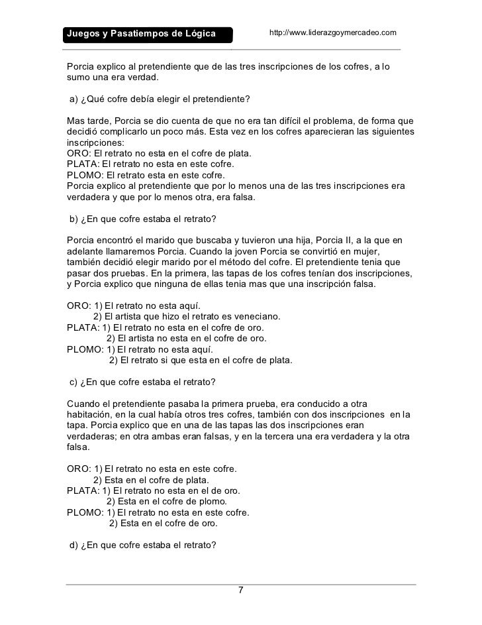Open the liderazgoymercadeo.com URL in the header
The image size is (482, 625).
point(333,32)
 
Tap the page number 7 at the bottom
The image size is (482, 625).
point(240,591)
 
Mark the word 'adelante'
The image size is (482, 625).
point(86,252)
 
